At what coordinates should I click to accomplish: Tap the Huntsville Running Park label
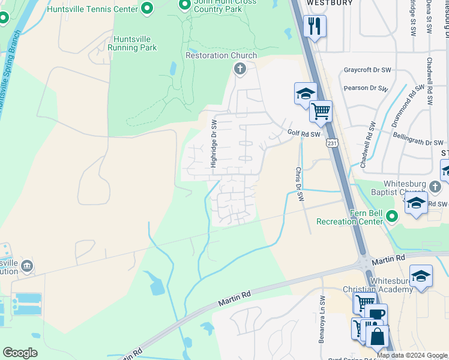pyautogui.click(x=132, y=43)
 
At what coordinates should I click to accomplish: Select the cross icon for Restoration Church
pyautogui.click(x=240, y=69)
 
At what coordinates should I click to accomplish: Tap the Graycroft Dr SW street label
pyautogui.click(x=367, y=70)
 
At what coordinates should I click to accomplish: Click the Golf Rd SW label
pyautogui.click(x=304, y=134)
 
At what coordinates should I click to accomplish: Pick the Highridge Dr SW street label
pyautogui.click(x=213, y=143)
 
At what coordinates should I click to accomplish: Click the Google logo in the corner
pyautogui.click(x=20, y=353)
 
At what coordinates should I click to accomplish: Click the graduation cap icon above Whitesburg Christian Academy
pyautogui.click(x=421, y=276)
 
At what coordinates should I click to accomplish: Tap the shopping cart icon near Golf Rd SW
pyautogui.click(x=321, y=110)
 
